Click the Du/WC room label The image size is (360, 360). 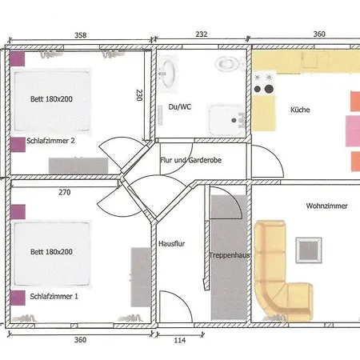(180, 107)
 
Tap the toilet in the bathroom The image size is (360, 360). (227, 64)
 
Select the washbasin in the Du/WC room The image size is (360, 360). (167, 73)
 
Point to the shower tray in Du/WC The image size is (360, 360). (226, 120)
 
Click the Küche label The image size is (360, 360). (300, 110)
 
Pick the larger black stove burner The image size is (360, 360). (269, 89)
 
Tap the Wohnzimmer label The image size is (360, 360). (326, 206)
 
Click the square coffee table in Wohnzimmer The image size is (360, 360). (309, 250)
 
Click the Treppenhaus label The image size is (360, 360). (230, 255)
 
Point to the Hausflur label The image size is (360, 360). (171, 243)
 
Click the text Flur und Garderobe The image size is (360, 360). (190, 160)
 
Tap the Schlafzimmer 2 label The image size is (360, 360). (50, 141)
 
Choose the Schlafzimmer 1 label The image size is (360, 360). (54, 296)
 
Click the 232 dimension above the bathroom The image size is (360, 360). (202, 34)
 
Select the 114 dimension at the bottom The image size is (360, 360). (180, 340)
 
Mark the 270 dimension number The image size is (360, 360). (65, 192)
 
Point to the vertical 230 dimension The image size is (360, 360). (139, 95)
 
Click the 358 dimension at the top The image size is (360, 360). (81, 35)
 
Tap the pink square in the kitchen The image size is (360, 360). (353, 131)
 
